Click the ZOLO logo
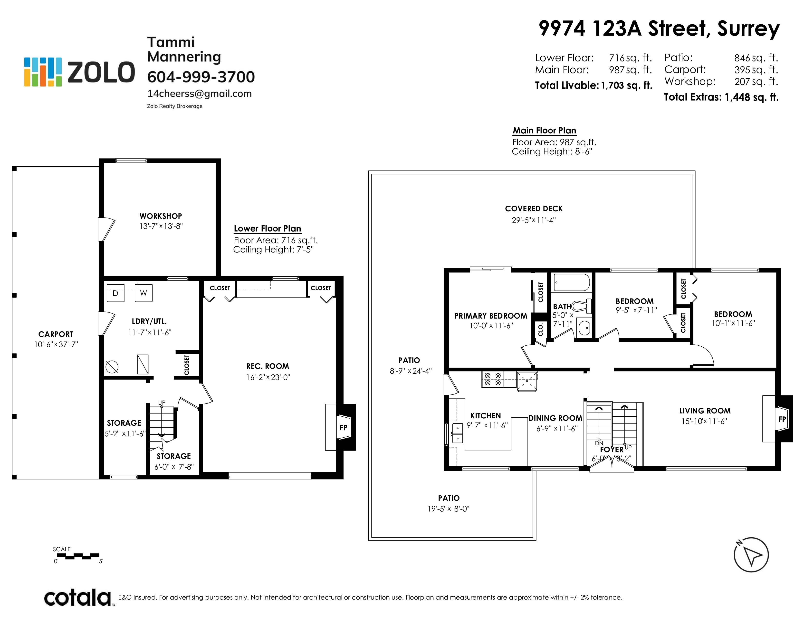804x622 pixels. [x=79, y=72]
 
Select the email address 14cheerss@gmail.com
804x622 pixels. [x=200, y=94]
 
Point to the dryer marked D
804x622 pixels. [x=115, y=293]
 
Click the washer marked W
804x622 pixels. [x=144, y=293]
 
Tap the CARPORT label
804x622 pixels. [x=56, y=334]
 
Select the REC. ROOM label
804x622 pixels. [x=268, y=366]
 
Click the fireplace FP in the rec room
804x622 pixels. [x=344, y=427]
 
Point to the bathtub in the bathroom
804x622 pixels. [x=572, y=283]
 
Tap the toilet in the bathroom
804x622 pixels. [x=582, y=306]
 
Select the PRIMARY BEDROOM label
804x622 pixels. [x=491, y=316]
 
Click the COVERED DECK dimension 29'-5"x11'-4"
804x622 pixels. [x=534, y=220]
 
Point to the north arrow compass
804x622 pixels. [x=751, y=555]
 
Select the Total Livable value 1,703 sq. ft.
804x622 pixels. [x=627, y=85]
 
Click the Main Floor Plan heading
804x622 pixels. [x=545, y=131]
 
